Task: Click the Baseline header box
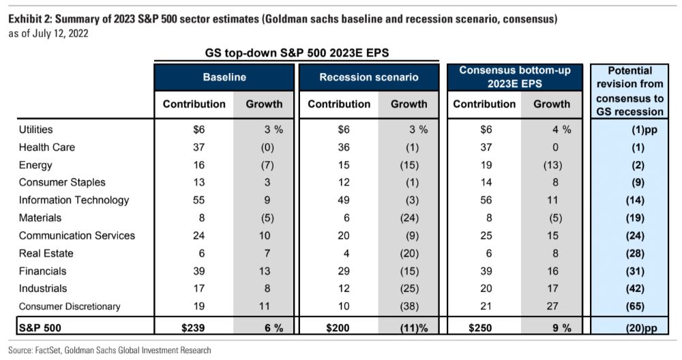pos(224,78)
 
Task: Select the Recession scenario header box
pos(369,78)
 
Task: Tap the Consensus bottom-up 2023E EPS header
pos(514,77)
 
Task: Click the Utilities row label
pos(36,130)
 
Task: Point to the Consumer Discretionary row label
pos(70,307)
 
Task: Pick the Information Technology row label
pos(74,200)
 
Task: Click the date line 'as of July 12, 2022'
pos(48,33)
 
